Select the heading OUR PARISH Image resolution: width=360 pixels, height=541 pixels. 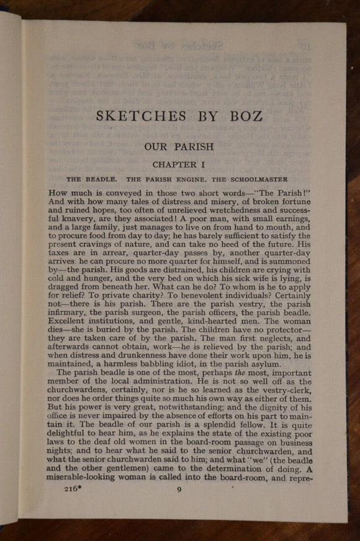point(179,147)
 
